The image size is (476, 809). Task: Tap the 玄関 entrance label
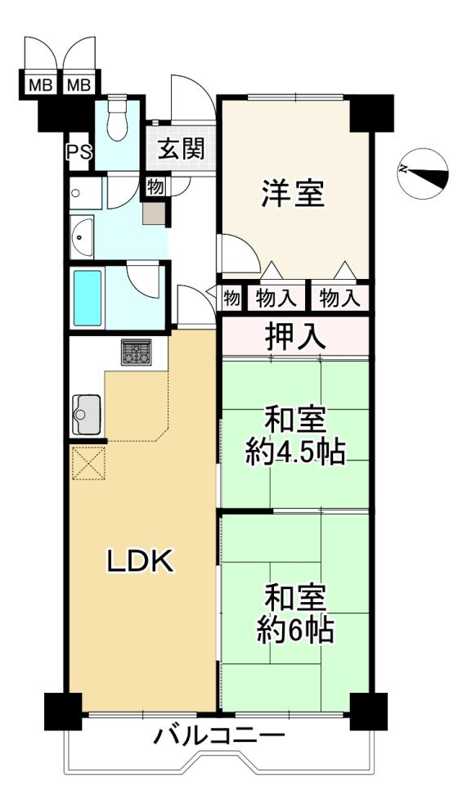[181, 149]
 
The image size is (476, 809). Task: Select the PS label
[80, 152]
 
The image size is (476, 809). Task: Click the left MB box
[40, 84]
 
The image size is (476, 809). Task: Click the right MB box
[79, 84]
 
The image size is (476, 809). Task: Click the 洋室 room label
[293, 193]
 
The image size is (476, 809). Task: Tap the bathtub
[88, 298]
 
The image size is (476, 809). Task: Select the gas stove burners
[137, 352]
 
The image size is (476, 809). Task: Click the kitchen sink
[86, 414]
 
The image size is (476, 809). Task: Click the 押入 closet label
[295, 336]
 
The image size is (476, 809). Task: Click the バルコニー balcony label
[219, 735]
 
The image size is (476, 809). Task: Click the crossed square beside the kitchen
[88, 463]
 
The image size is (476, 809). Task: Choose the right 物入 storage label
[339, 299]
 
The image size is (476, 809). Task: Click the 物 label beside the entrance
[155, 187]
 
